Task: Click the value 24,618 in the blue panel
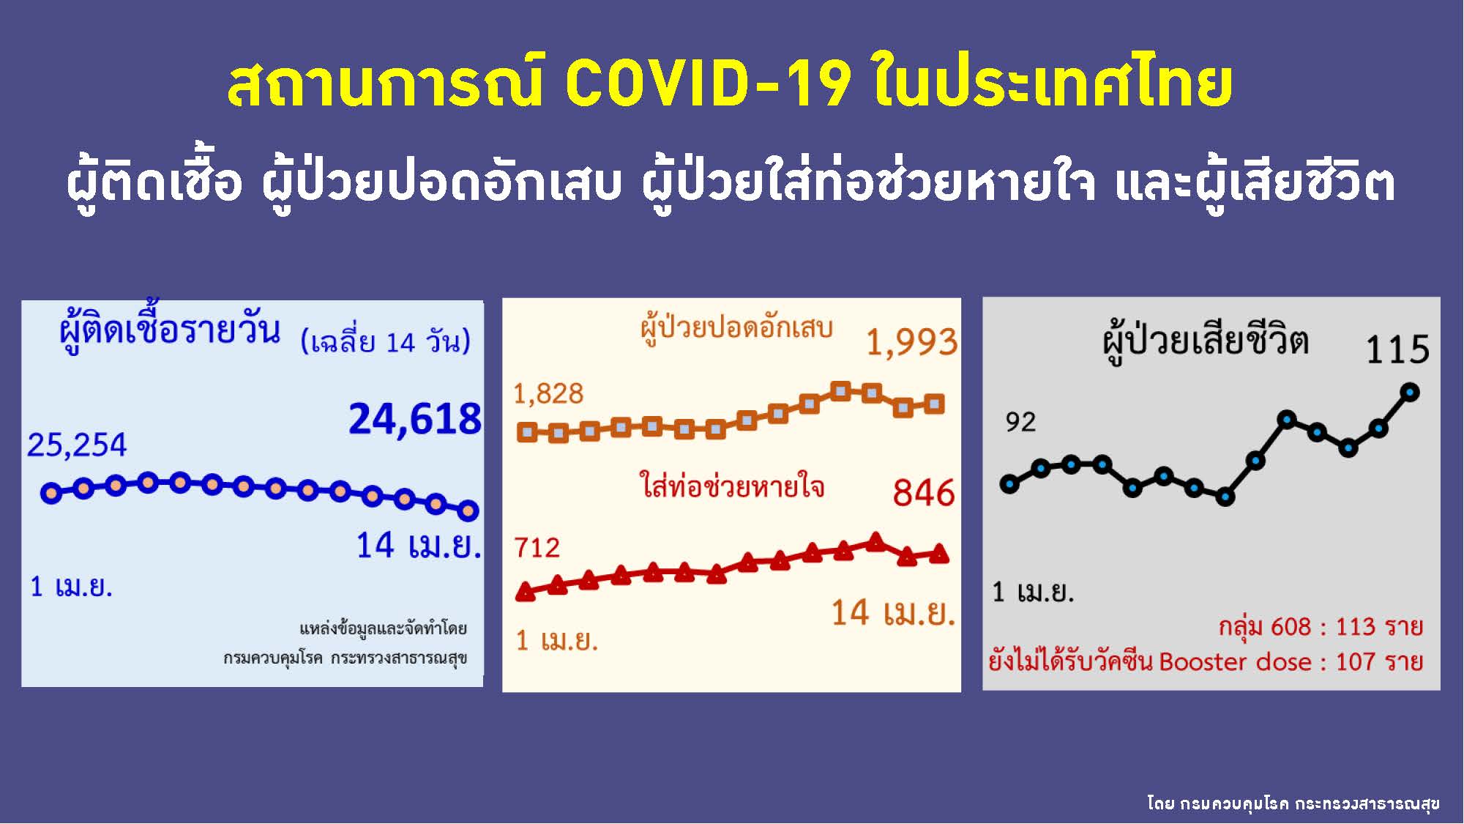coord(415,420)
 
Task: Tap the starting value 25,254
coord(77,445)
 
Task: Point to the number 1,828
coord(548,394)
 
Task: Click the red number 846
coord(924,493)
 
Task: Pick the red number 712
coord(537,548)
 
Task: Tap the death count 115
coord(1398,349)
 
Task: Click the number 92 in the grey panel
coord(1020,423)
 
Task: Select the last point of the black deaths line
coord(1410,393)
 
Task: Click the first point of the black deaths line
coord(1010,484)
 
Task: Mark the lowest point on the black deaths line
coord(1225,497)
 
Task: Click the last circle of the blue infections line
coord(468,511)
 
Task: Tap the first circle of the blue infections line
coord(51,493)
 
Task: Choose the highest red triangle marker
coord(875,541)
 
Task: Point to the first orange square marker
coord(527,432)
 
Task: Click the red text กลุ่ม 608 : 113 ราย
coord(1321,627)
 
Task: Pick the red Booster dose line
coord(1206,661)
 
